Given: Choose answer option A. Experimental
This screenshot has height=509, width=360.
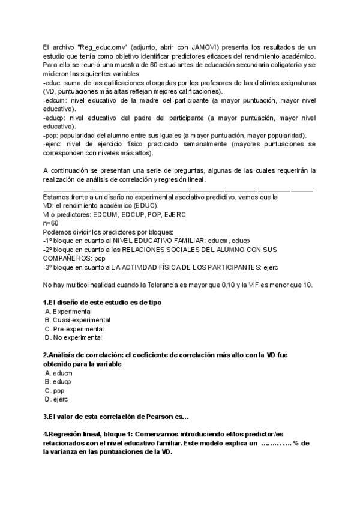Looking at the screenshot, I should (68, 312).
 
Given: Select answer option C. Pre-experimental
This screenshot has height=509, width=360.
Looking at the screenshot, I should (74, 329).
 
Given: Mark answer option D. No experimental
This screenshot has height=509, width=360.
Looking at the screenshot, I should (73, 338).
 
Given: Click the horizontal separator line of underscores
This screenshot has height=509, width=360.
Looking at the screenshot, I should (178, 189).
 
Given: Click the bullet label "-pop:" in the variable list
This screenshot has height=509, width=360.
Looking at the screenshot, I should (52, 135).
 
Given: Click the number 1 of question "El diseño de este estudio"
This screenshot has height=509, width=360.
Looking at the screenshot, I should (46, 302).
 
